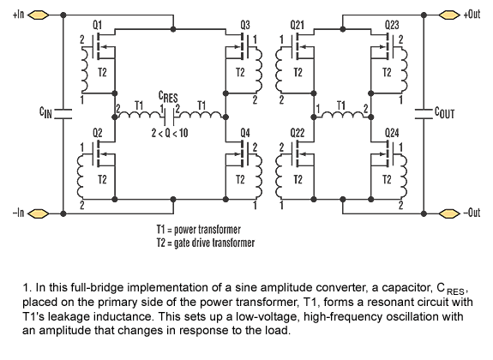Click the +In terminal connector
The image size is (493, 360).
[x=39, y=15]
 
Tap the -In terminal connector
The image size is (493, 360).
[x=39, y=213]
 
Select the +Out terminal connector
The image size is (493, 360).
[x=449, y=15]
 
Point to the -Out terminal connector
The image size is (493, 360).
[x=449, y=213]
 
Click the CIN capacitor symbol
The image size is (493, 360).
[x=63, y=114]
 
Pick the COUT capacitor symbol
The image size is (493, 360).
[x=424, y=114]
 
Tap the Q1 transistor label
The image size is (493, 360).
[x=97, y=25]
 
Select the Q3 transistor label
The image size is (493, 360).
[x=245, y=25]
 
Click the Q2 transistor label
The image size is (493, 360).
[x=97, y=133]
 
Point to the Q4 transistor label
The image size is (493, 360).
[x=245, y=133]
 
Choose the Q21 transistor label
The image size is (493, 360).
[x=298, y=25]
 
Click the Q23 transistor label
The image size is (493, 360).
[x=392, y=25]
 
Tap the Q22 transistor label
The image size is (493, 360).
[x=298, y=133]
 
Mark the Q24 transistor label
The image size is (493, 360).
[x=392, y=133]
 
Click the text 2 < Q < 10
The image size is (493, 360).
[x=170, y=133]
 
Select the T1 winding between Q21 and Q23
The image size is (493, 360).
[x=342, y=115]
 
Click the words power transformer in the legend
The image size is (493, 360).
[x=207, y=230]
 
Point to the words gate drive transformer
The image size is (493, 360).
[x=214, y=243]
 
